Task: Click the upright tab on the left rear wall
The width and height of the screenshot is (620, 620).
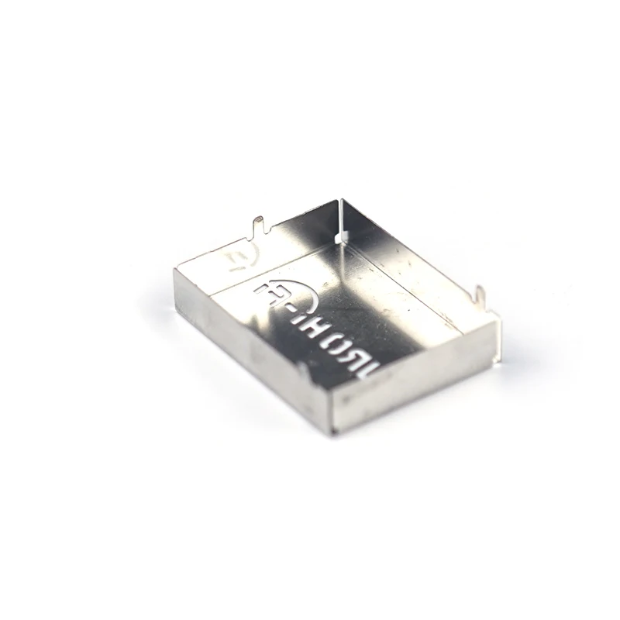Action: point(259,226)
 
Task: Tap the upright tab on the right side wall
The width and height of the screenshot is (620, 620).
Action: point(480,296)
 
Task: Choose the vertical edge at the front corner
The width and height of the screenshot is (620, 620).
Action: point(335,407)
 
